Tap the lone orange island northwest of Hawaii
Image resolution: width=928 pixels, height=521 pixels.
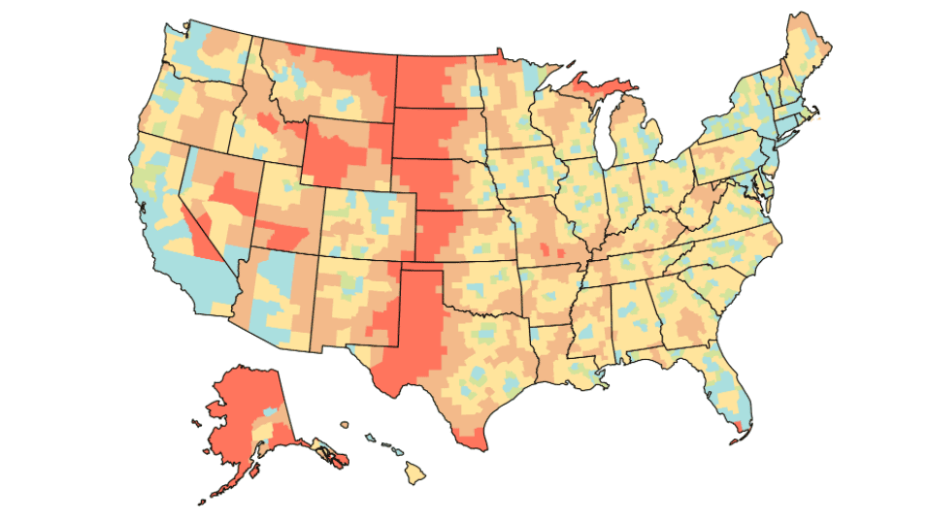(x=344, y=424)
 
